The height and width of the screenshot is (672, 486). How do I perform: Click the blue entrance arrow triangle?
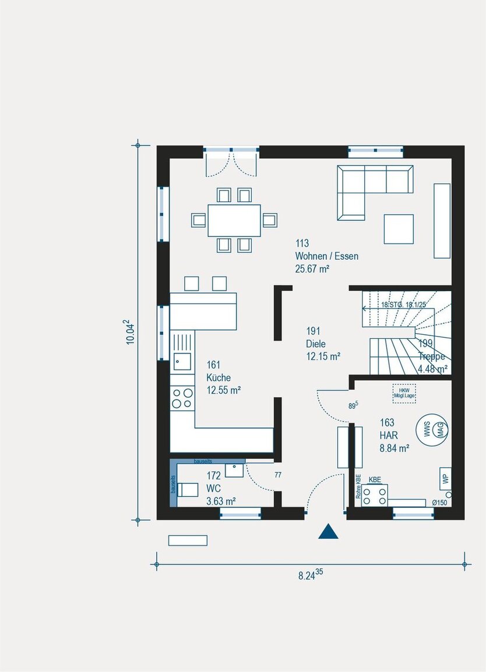329,532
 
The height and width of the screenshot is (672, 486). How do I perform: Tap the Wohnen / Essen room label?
326,256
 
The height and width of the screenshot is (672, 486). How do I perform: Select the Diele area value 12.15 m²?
323,355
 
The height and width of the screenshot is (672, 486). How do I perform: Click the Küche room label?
219,378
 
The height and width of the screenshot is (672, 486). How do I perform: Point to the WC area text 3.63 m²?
221,500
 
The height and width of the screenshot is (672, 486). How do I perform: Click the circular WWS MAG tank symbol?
431,430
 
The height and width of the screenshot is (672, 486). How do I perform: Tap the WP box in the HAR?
445,479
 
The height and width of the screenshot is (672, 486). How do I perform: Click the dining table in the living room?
234,220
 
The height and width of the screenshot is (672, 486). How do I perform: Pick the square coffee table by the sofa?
399,229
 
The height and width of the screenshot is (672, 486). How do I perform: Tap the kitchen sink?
182,361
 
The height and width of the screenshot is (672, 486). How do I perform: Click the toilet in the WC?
187,489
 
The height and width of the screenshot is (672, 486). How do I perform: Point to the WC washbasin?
234,469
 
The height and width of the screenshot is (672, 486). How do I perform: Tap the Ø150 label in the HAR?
439,503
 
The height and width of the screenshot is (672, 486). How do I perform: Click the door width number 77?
278,475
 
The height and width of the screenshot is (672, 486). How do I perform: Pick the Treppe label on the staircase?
431,357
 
